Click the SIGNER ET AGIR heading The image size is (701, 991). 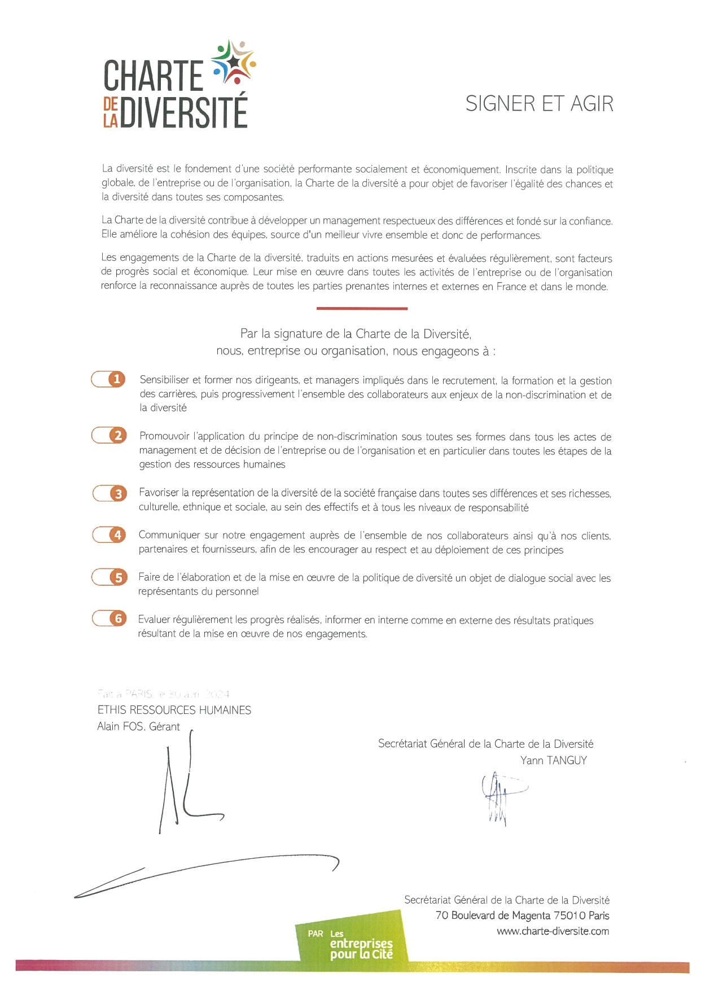[539, 104]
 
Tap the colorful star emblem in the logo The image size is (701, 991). [233, 62]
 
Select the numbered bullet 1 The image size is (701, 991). [117, 379]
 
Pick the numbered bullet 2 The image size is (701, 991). [118, 436]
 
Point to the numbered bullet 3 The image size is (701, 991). [118, 494]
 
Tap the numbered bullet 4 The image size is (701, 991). [117, 534]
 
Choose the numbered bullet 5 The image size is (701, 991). [118, 577]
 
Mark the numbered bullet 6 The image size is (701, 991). [118, 619]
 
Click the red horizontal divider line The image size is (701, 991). [362, 309]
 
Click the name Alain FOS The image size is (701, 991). [120, 726]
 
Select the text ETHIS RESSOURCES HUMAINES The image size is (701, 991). [174, 710]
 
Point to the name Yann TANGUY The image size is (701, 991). [553, 760]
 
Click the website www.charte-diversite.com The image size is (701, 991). [553, 931]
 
